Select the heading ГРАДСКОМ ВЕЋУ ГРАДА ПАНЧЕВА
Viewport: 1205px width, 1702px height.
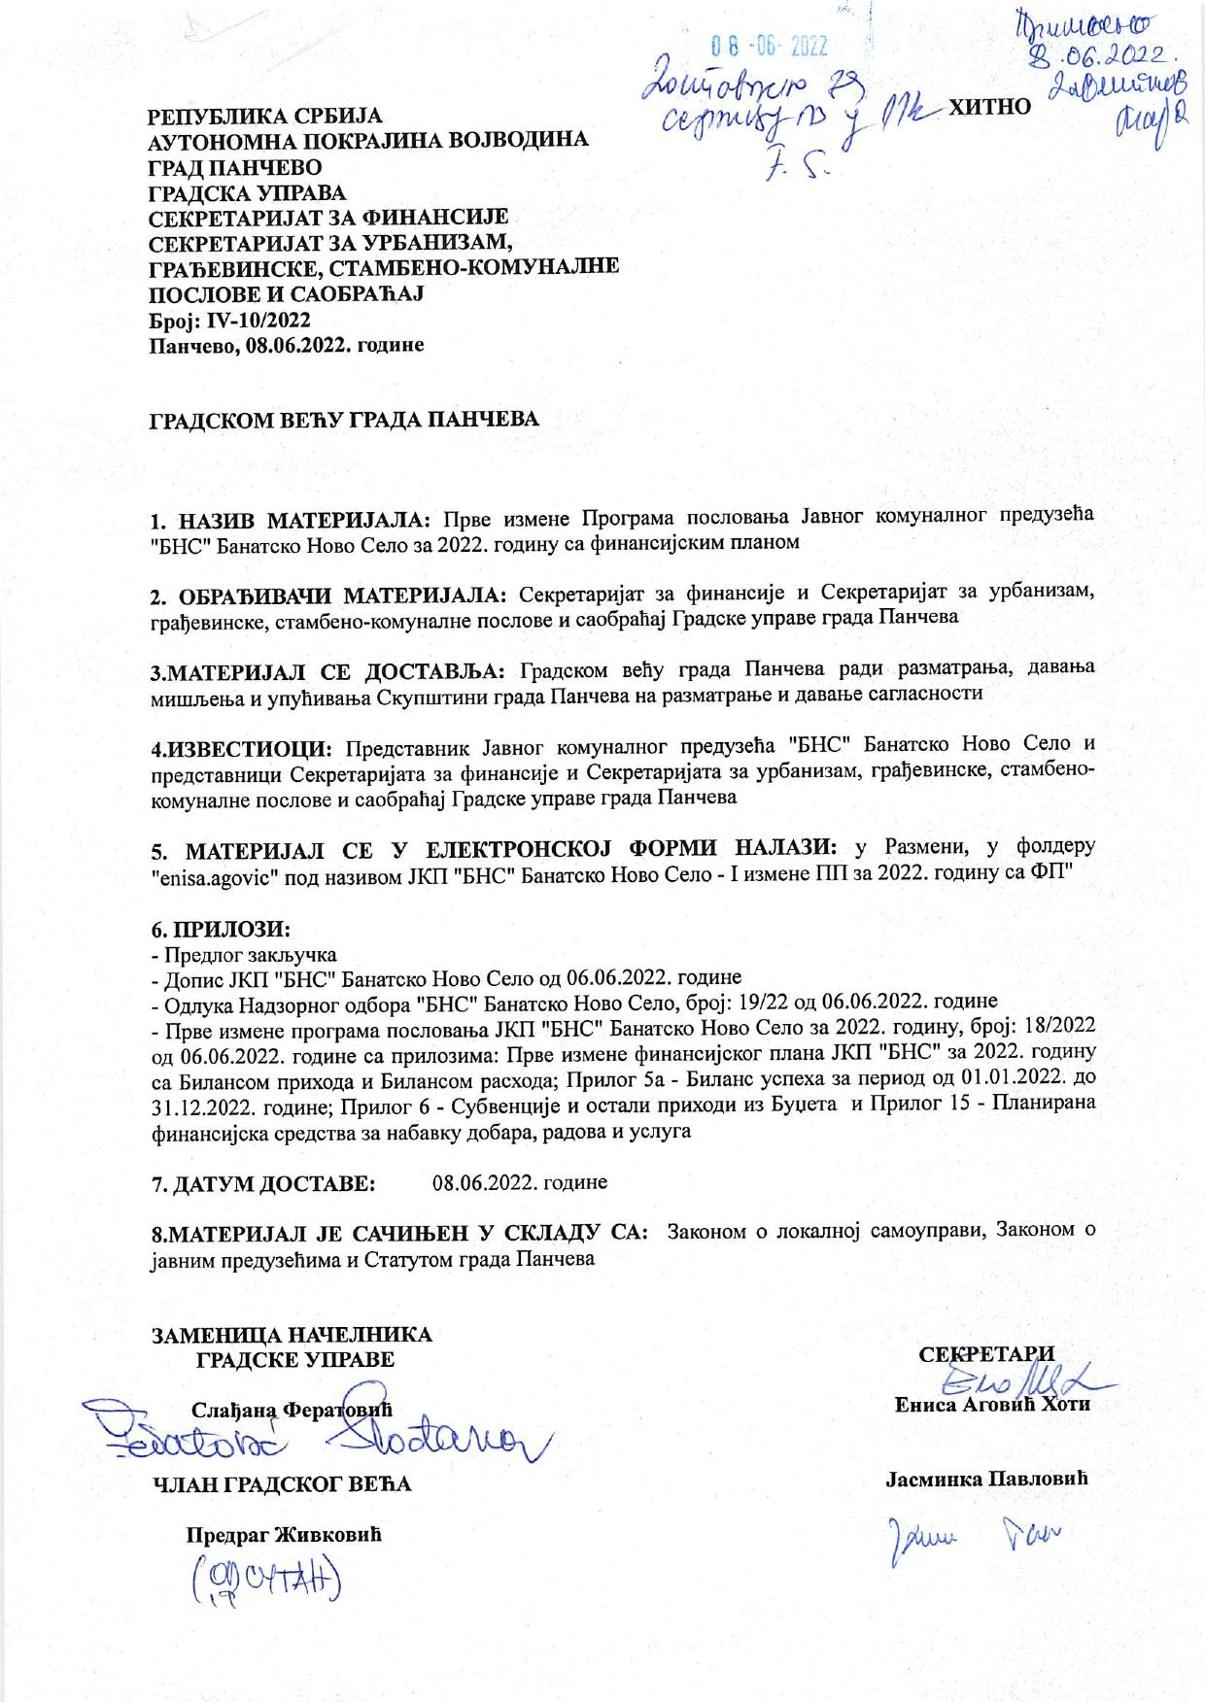342,422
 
